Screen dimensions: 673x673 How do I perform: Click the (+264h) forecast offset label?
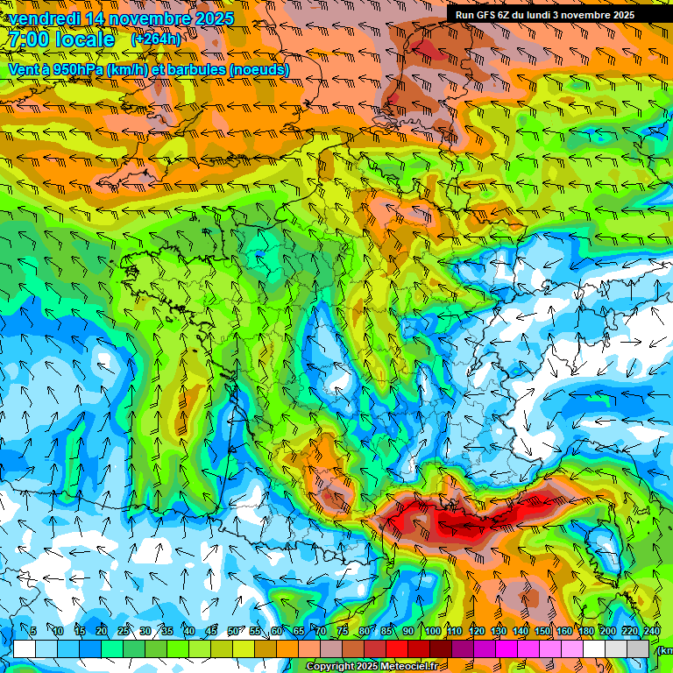pos(156,39)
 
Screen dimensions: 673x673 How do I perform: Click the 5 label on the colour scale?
pos(33,631)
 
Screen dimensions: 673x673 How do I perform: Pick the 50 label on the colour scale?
pos(232,631)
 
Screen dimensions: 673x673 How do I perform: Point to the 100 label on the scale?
pos(432,631)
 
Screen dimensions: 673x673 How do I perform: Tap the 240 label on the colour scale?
pos(651,631)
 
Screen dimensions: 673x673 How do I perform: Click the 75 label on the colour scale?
pos(342,631)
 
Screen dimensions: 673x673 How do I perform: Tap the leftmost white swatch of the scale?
pos(25,648)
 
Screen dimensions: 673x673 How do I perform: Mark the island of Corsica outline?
pos(603,548)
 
